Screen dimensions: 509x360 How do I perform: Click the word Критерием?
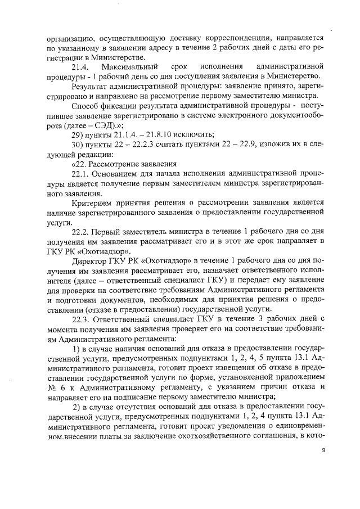[92, 202]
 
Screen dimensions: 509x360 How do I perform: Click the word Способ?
[86, 105]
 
